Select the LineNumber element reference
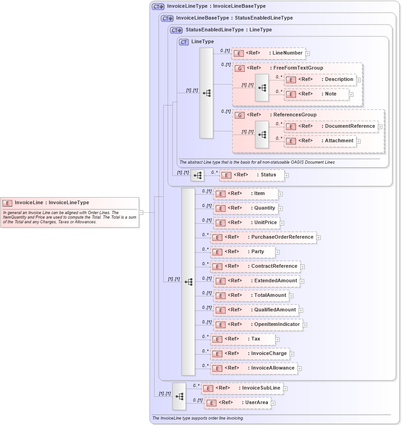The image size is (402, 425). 268,53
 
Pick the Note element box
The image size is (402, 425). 317,94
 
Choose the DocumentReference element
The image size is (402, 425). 331,126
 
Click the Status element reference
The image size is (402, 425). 252,175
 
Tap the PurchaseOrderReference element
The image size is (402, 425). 263,237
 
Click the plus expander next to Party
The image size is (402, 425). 277,252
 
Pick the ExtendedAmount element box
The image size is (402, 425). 256,281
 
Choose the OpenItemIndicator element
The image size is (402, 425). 258,325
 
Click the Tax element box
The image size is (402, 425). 242,339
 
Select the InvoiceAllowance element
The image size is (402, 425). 254,368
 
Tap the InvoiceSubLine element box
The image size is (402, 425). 242,388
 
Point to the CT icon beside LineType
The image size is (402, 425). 184,42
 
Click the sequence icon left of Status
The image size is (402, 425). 197,175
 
